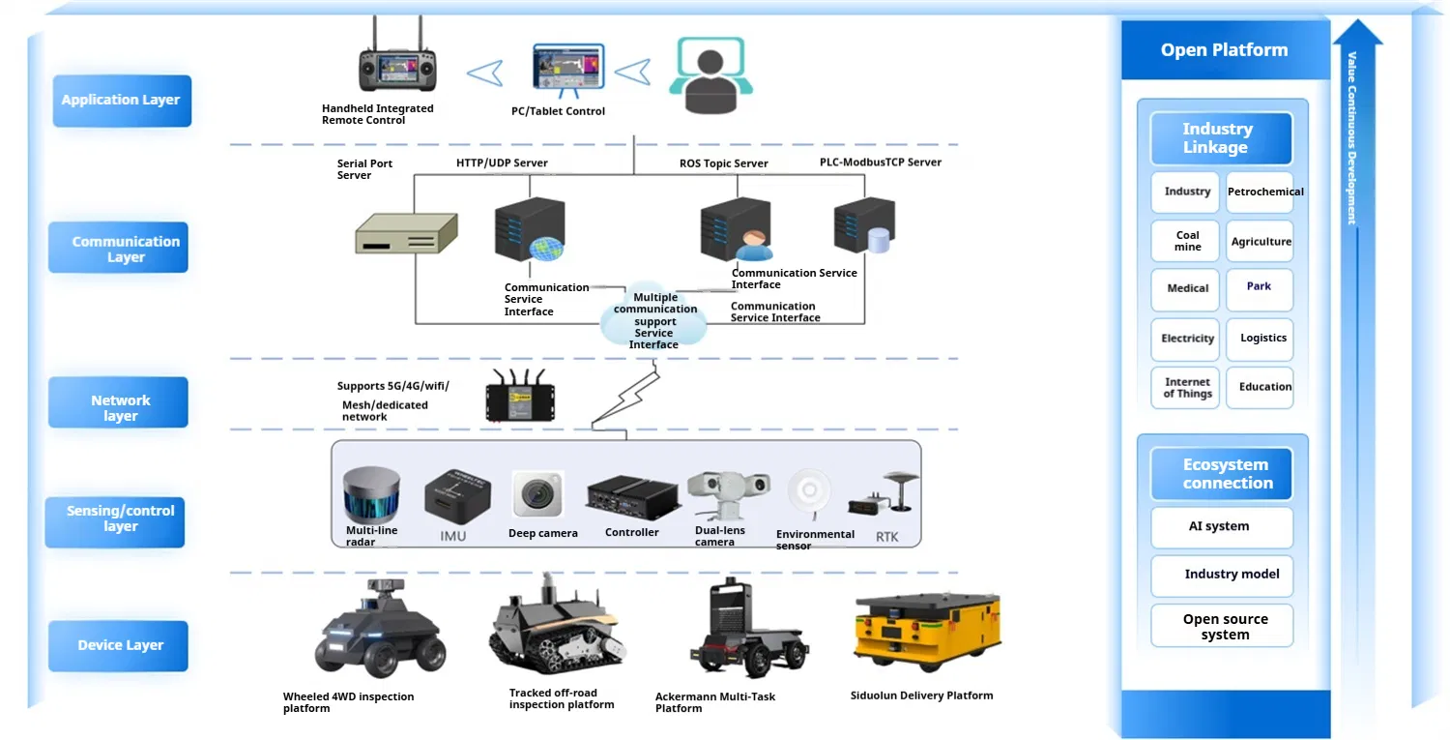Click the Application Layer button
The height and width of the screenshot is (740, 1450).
[122, 101]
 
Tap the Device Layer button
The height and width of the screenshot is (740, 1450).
[119, 646]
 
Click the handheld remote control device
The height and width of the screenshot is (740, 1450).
[396, 70]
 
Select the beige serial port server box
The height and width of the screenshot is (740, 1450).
[405, 233]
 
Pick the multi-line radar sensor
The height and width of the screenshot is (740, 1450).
[371, 494]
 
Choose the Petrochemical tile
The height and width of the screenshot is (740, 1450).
[1264, 192]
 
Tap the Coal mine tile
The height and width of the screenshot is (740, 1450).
[1188, 241]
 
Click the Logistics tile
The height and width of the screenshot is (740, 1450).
[1262, 339]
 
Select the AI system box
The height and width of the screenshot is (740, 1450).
[1221, 527]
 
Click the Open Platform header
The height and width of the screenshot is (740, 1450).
[1224, 50]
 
